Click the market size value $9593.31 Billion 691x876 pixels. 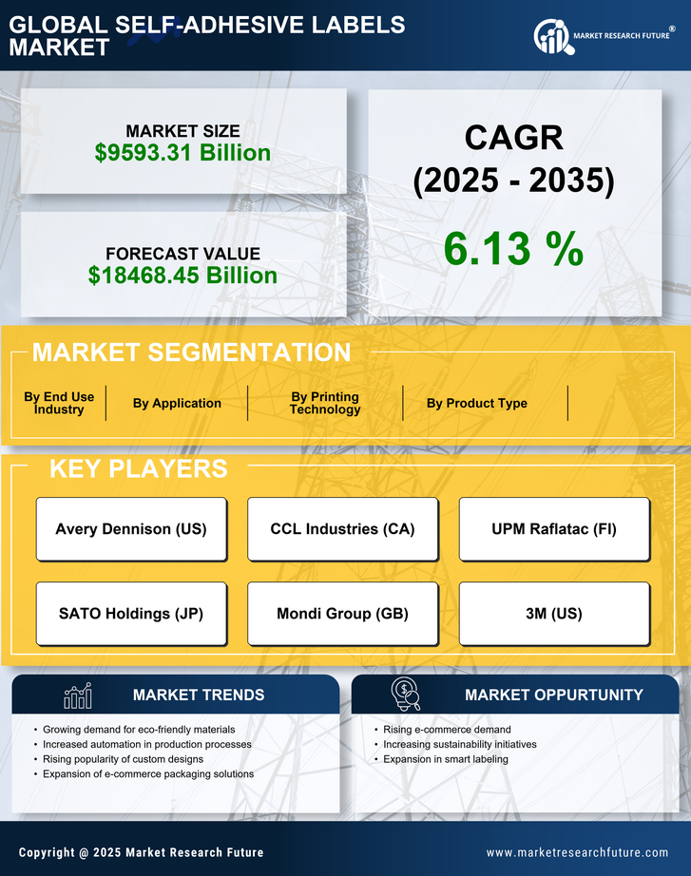182,153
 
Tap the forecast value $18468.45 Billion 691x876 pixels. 182,276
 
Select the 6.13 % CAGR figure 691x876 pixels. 513,250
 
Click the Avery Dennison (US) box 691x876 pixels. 131,529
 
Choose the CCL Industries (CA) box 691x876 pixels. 342,529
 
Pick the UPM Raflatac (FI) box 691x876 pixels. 554,529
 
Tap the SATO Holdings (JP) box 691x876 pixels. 131,614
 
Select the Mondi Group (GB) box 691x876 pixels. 342,614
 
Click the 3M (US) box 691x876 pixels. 554,614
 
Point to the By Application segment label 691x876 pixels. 177,404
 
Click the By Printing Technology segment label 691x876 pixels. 325,404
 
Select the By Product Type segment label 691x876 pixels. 476,404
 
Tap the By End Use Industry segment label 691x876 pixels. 59,404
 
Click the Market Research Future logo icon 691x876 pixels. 552,37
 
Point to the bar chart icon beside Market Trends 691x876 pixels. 78,695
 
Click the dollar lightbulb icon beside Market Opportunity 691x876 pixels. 405,695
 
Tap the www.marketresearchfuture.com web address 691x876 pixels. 577,853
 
